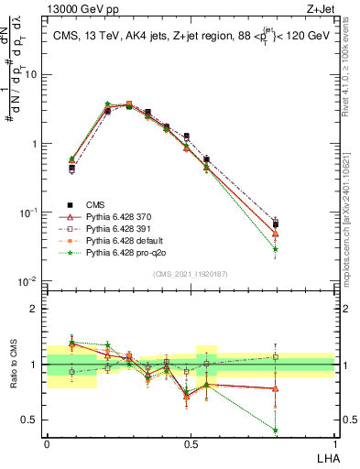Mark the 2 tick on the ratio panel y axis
click(36, 308)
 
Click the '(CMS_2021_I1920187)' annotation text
click(190, 273)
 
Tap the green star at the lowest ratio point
click(276, 430)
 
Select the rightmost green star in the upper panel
click(276, 248)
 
